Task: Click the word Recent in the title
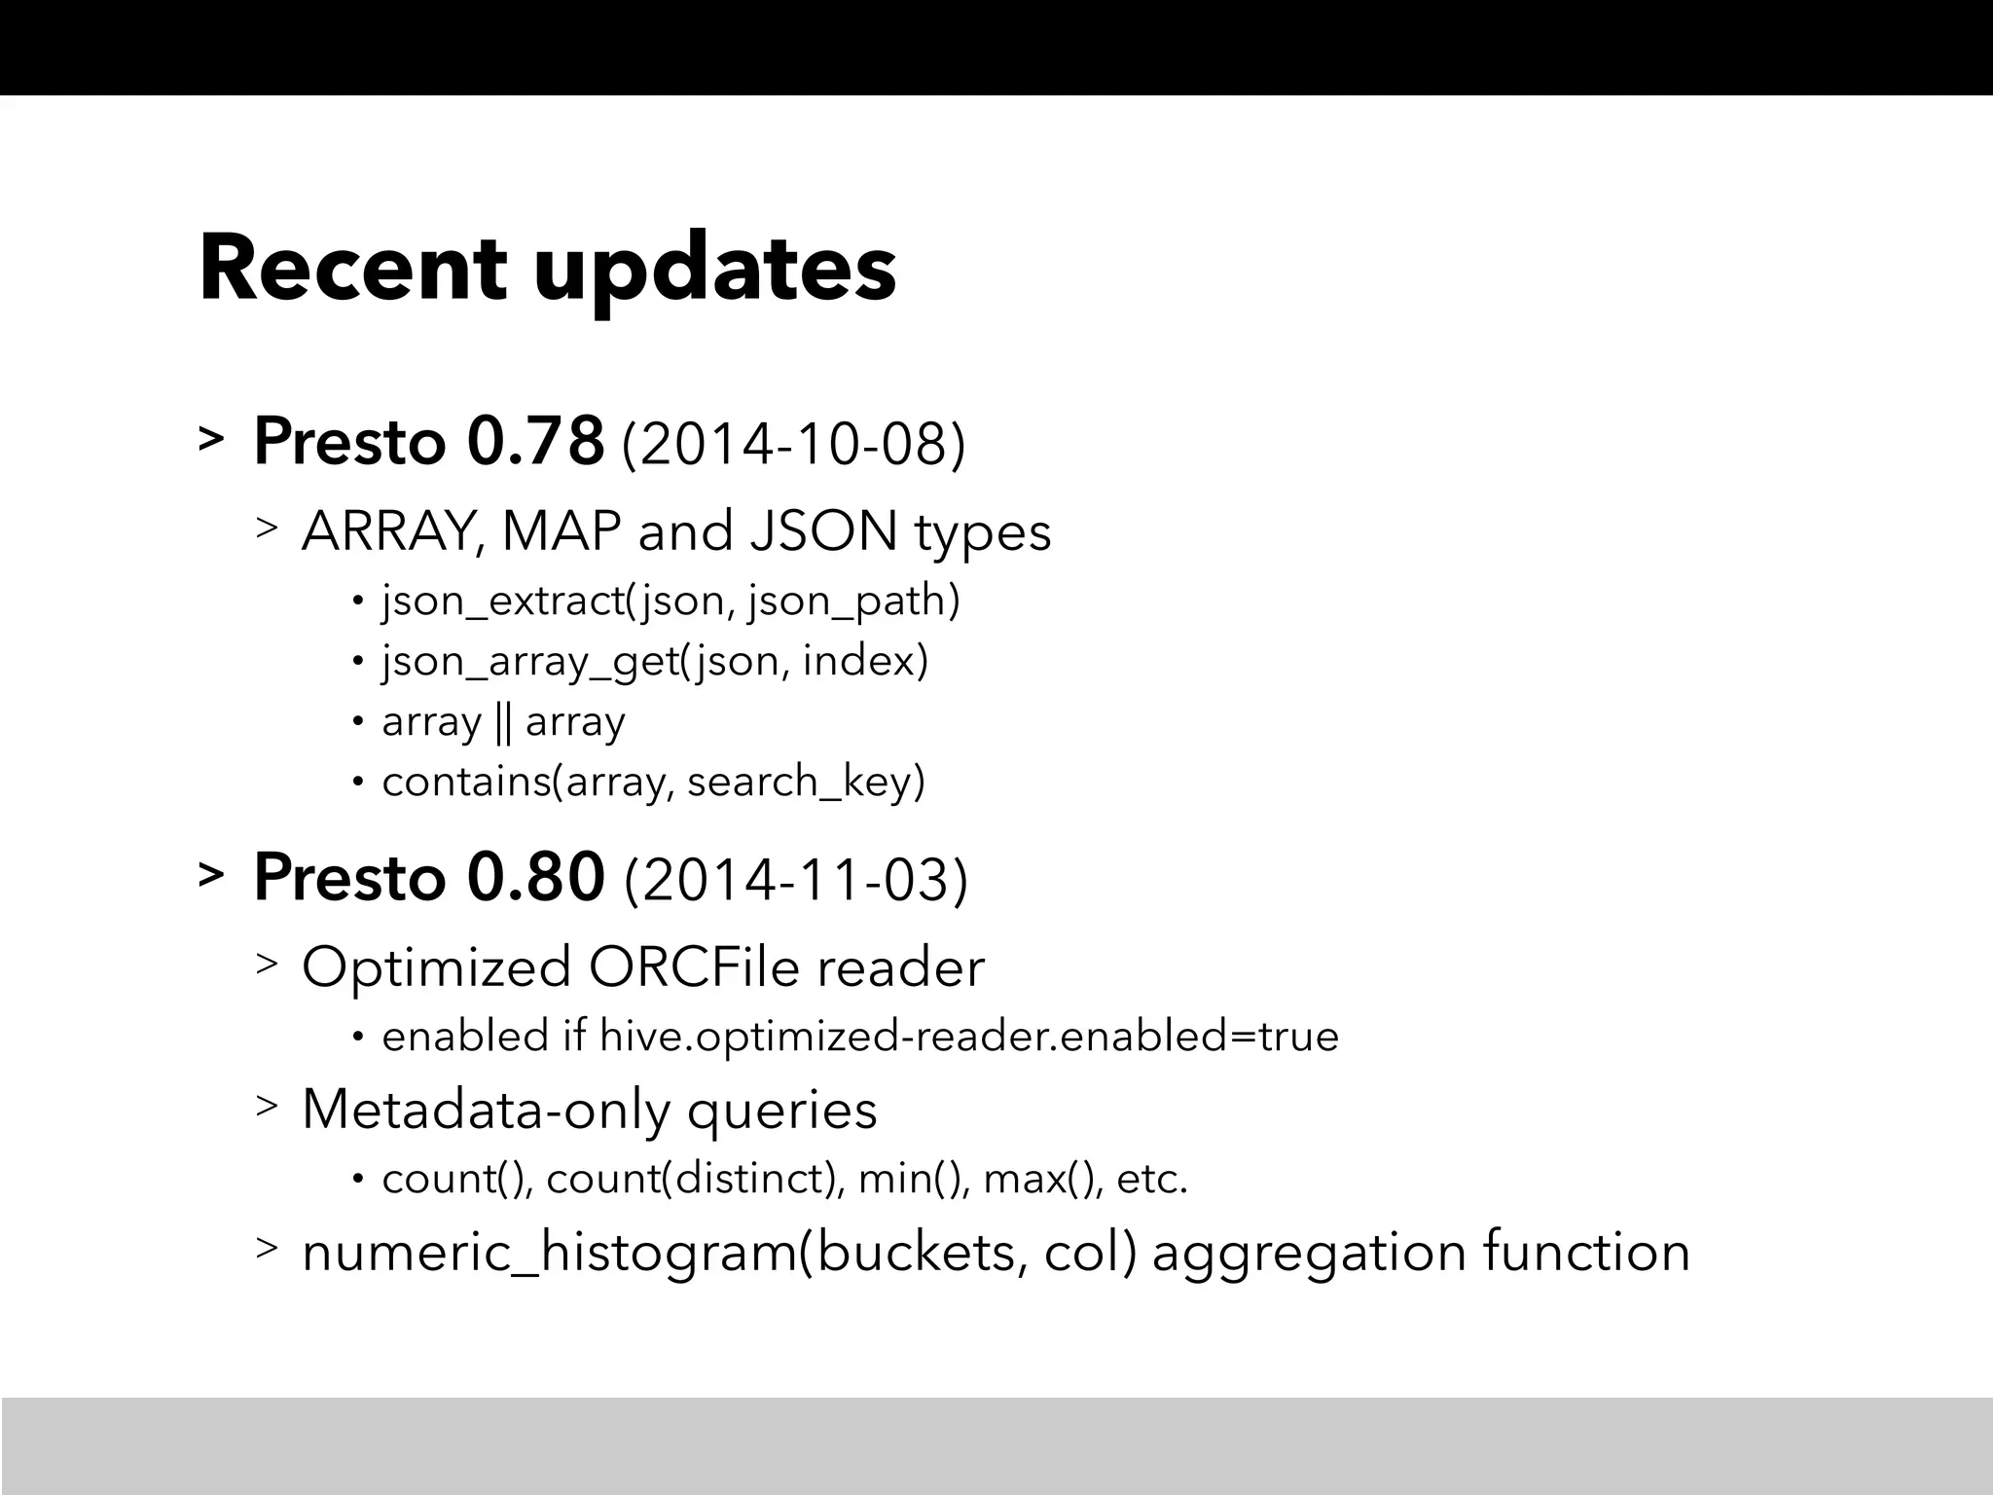pyautogui.click(x=352, y=269)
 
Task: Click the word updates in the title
pyautogui.click(x=715, y=273)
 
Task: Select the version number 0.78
pyautogui.click(x=535, y=442)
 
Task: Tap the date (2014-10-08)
pyautogui.click(x=793, y=446)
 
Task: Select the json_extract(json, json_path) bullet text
pyautogui.click(x=670, y=601)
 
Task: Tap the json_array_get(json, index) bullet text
pyautogui.click(x=655, y=662)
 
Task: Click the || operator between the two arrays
pyautogui.click(x=503, y=722)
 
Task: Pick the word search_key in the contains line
pyautogui.click(x=806, y=782)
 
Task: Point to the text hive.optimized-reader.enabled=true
pyautogui.click(x=969, y=1036)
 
